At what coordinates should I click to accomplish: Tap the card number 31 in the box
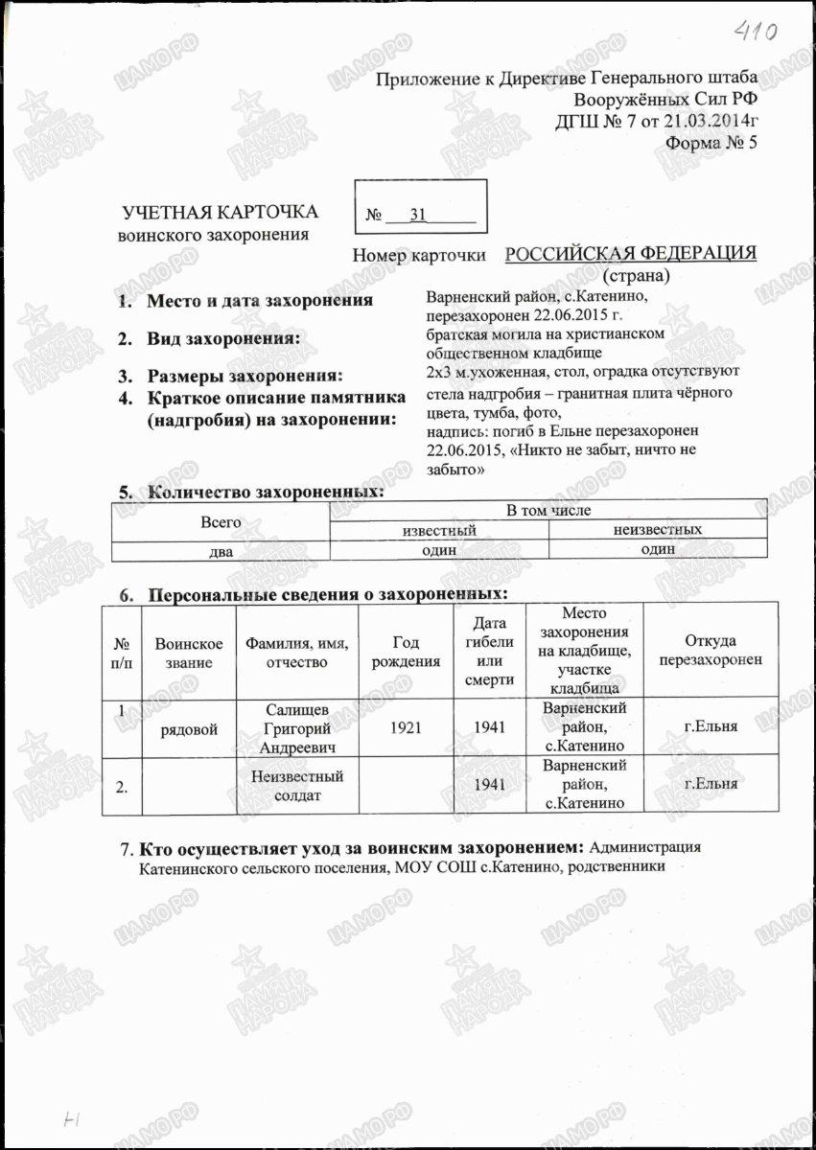point(418,215)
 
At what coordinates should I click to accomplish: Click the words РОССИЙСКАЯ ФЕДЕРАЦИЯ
point(630,253)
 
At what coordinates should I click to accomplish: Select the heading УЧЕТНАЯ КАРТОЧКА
point(220,213)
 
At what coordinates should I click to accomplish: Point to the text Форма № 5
point(711,144)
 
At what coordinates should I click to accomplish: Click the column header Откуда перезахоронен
point(711,651)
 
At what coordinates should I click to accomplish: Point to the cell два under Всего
point(221,550)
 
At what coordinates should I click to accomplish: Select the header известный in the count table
point(438,530)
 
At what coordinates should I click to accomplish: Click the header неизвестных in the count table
point(657,530)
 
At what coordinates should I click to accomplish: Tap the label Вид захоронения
point(223,339)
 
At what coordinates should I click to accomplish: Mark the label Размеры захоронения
point(244,375)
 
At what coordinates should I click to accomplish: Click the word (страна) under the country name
point(636,275)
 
